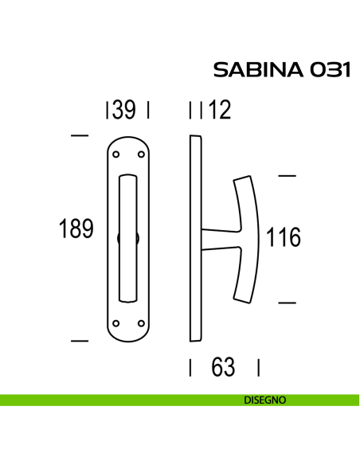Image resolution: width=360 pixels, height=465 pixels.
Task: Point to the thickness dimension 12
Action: pos(217,111)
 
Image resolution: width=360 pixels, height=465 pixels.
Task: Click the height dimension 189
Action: pos(76,229)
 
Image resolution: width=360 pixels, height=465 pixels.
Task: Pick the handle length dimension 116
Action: pos(284,237)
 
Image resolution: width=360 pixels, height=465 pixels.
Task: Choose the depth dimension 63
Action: pos(224,368)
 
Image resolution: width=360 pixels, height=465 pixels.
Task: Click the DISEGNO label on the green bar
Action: pos(264,401)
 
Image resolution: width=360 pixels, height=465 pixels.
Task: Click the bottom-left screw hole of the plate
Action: pos(116,322)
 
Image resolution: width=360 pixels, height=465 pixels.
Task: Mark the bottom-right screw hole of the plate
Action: pos(141,322)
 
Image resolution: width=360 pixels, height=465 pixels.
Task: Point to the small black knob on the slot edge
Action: pos(119,238)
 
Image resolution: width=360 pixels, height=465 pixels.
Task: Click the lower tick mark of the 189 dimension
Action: pos(79,341)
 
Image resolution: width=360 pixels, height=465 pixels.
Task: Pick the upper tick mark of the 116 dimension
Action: pos(287,174)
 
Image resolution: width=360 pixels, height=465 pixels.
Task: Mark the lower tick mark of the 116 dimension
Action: pos(287,302)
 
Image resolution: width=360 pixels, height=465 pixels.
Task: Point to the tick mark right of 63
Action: pos(260,368)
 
